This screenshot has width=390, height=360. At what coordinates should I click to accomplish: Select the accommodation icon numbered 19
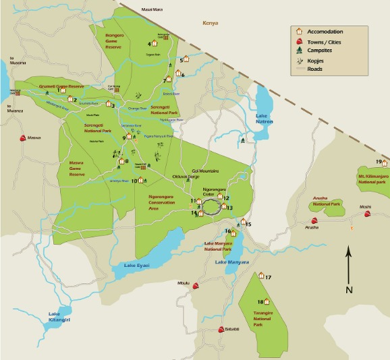(385, 162)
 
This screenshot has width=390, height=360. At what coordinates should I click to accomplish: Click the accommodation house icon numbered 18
(265, 301)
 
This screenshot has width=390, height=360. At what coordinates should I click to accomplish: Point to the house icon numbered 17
(260, 276)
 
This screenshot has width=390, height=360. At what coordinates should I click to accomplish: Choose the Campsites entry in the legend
(323, 50)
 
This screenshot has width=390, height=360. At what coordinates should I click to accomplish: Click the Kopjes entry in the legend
(321, 59)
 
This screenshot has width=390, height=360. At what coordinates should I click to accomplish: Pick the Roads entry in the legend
(316, 68)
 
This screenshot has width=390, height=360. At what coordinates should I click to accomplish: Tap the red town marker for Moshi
(368, 214)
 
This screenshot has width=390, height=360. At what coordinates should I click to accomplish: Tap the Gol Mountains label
(205, 172)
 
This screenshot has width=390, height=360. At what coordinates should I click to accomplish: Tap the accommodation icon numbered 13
(223, 208)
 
